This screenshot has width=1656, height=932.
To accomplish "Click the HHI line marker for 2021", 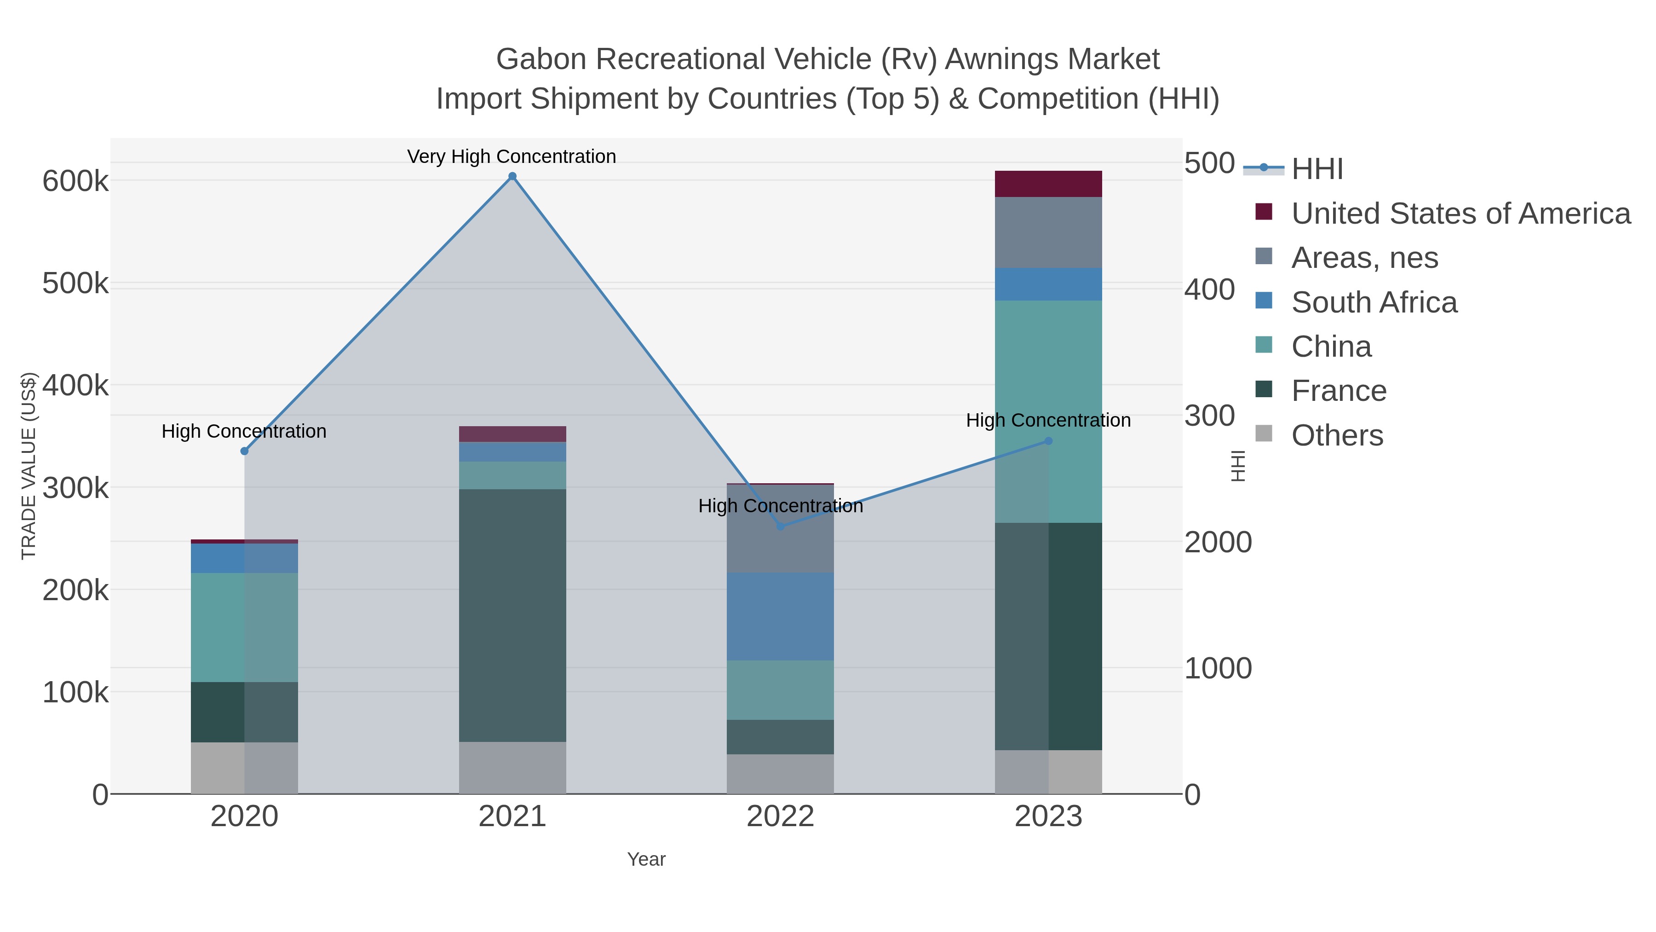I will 512,176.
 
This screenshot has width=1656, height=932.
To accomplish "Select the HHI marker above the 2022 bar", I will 781,526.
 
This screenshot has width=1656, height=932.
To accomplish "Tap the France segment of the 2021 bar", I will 512,615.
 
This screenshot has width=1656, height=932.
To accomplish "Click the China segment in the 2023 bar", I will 1048,411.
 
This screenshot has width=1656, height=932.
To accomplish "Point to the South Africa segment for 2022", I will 781,616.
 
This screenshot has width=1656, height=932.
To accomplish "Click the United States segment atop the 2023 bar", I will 1048,184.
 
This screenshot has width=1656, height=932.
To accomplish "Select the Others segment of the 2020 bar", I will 244,768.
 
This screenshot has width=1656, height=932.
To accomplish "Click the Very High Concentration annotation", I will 512,156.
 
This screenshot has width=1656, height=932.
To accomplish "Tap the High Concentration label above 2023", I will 1048,420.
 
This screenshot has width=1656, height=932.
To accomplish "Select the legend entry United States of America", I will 1460,214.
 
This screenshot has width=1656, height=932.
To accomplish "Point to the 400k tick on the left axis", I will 75,386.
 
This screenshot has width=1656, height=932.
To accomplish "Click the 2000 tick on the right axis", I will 1218,542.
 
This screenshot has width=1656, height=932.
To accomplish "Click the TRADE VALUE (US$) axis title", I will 29,466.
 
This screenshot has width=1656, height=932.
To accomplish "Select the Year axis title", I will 646,859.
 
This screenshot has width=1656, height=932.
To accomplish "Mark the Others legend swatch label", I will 1337,435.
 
